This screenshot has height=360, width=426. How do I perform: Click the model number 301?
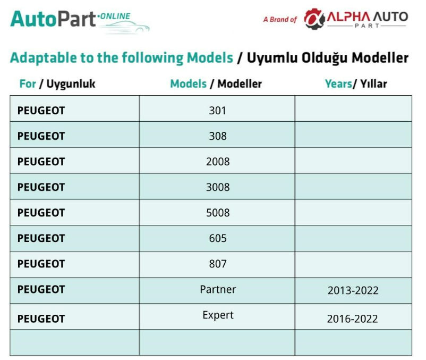(217, 111)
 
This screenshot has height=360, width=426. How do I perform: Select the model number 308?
(218, 136)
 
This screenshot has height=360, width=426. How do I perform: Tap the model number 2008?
(218, 162)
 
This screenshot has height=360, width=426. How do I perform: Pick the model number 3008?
(218, 187)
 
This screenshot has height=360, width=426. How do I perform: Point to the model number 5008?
(218, 213)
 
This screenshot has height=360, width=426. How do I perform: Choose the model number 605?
(218, 238)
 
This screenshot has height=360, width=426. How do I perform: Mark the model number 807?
(218, 264)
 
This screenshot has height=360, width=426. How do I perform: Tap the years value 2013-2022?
(353, 290)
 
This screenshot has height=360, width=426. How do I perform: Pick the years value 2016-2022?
(352, 319)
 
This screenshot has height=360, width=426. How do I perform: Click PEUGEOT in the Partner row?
(41, 289)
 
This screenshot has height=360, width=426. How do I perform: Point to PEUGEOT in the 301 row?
(41, 111)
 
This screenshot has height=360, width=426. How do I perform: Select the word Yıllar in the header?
(373, 83)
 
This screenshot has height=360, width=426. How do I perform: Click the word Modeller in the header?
(240, 83)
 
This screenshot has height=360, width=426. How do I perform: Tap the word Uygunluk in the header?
(71, 84)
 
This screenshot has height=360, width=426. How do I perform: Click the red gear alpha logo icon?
(314, 19)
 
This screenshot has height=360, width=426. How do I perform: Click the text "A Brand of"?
(280, 20)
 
